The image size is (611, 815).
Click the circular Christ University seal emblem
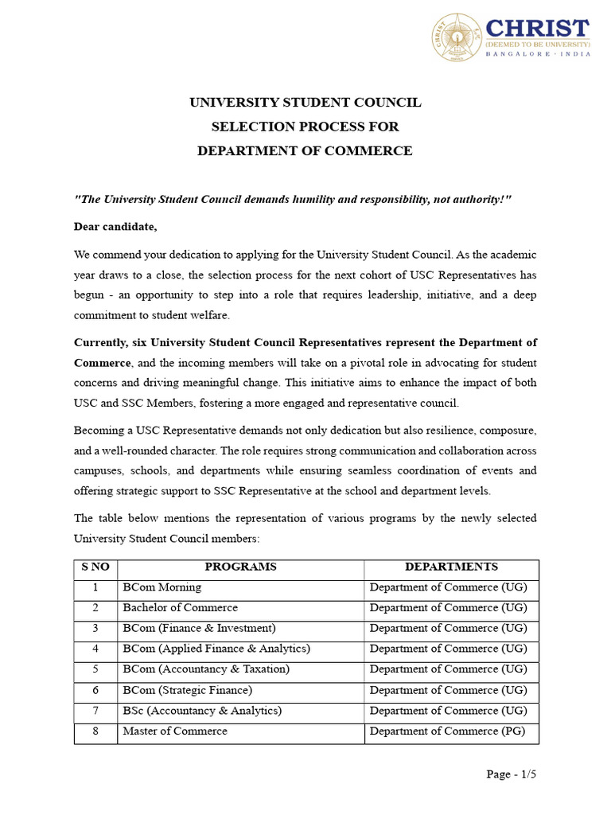click(x=457, y=36)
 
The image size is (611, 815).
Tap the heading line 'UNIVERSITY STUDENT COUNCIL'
click(x=305, y=103)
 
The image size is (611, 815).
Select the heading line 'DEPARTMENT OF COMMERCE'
click(x=305, y=150)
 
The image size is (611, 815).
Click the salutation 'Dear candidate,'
click(x=115, y=227)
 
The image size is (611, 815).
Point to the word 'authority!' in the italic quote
click(x=483, y=199)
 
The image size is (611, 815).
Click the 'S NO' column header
click(x=95, y=567)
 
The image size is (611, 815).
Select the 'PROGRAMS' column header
click(x=240, y=567)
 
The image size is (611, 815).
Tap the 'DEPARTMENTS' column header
click(x=451, y=567)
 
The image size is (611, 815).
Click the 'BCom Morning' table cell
click(x=162, y=587)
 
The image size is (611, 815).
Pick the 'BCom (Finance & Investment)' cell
click(x=199, y=629)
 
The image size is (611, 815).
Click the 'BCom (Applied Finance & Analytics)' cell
click(x=216, y=649)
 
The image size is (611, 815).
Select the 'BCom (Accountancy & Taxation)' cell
click(x=206, y=669)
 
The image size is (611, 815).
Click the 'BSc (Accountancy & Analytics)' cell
click(x=202, y=711)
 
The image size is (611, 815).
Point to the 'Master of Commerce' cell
click(x=174, y=731)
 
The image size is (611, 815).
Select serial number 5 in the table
click(x=95, y=669)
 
